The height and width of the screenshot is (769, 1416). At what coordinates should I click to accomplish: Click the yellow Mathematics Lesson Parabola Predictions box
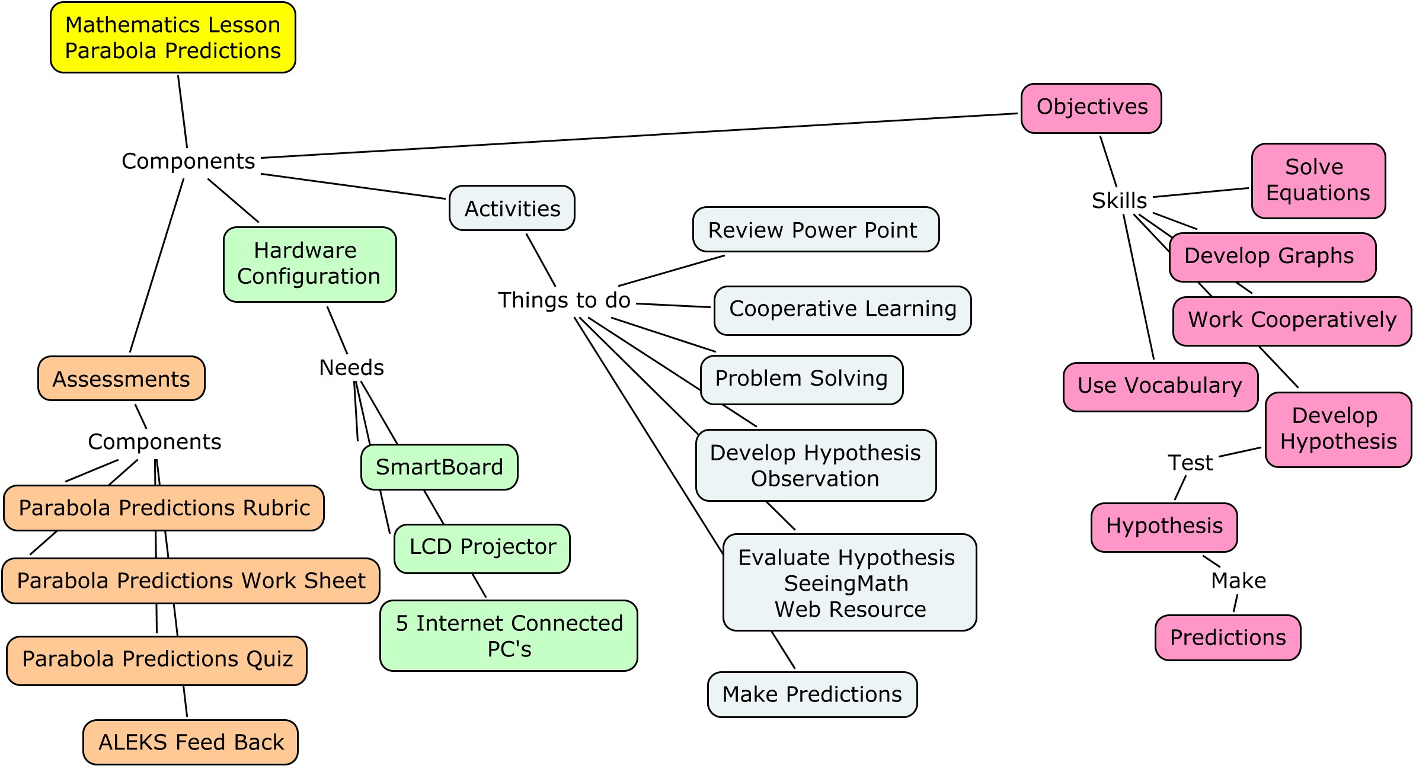pyautogui.click(x=172, y=37)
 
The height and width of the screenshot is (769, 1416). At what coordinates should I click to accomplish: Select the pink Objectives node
pyautogui.click(x=1091, y=108)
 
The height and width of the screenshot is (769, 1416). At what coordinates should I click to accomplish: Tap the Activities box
pyautogui.click(x=512, y=209)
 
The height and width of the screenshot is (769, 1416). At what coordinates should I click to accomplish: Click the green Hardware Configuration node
pyautogui.click(x=309, y=264)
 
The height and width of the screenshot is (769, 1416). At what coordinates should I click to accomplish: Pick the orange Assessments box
pyautogui.click(x=121, y=379)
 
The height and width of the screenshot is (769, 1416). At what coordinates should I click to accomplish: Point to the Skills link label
pyautogui.click(x=1118, y=200)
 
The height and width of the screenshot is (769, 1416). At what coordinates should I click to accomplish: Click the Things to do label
pyautogui.click(x=564, y=300)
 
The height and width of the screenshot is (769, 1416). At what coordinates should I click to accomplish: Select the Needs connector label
pyautogui.click(x=351, y=367)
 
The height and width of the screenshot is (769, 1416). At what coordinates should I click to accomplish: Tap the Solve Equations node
pyautogui.click(x=1318, y=181)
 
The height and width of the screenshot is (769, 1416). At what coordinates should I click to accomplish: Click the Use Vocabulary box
pyautogui.click(x=1159, y=386)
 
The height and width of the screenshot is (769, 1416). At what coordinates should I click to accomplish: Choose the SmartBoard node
pyautogui.click(x=439, y=467)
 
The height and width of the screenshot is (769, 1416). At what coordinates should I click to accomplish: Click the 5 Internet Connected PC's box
pyautogui.click(x=508, y=635)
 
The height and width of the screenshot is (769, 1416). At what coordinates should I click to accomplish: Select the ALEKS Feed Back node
pyautogui.click(x=190, y=742)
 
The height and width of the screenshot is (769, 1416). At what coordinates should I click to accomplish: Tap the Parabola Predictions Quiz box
pyautogui.click(x=156, y=660)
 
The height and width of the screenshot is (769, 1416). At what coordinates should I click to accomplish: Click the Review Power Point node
pyautogui.click(x=815, y=229)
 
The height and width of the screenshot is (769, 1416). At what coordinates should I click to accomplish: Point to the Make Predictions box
pyautogui.click(x=811, y=694)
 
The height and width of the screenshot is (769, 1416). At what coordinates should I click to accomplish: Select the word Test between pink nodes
pyautogui.click(x=1190, y=463)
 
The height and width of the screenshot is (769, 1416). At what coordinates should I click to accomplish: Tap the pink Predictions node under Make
pyautogui.click(x=1227, y=637)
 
